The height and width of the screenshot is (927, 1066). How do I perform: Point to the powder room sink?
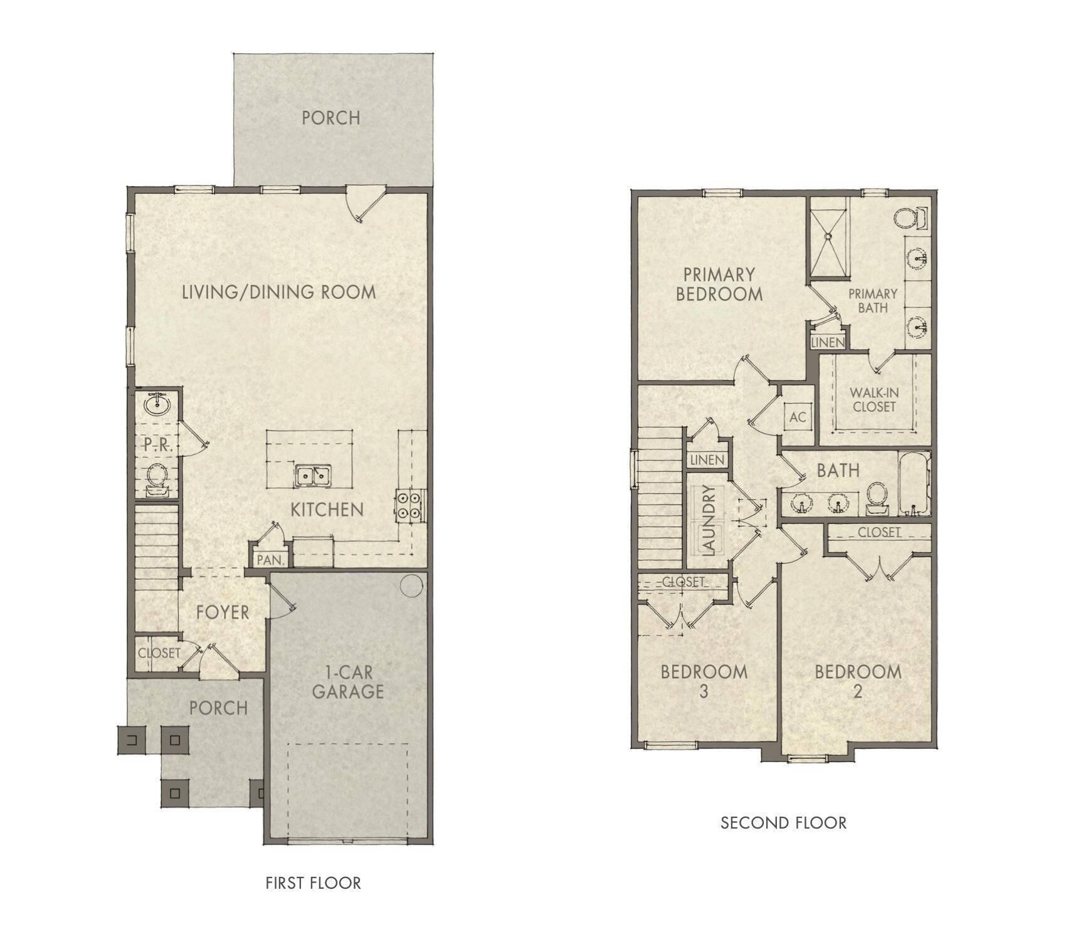[157, 404]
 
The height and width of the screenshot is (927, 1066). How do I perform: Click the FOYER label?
[223, 612]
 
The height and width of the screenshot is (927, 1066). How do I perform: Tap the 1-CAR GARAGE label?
[347, 683]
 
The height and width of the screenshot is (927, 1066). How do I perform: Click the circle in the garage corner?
[411, 585]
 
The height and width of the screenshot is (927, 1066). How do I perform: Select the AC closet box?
[798, 417]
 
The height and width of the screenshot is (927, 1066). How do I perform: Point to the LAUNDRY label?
[709, 521]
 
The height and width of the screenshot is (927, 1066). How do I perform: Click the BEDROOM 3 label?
[704, 681]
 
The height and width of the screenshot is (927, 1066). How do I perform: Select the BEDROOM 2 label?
[858, 681]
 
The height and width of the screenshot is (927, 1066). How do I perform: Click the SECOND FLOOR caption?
[783, 822]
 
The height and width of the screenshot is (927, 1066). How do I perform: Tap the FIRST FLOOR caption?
[313, 883]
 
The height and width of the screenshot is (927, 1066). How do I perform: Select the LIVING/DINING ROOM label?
[279, 292]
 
